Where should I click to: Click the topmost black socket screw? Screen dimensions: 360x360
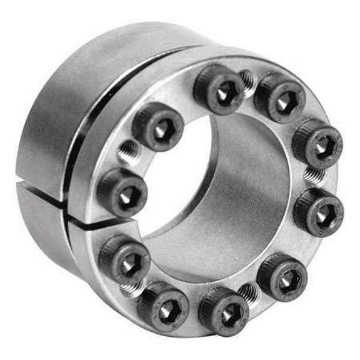point(219,89)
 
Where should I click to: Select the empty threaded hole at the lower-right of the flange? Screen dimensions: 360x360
point(249,291)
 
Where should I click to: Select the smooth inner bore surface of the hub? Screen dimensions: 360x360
point(250,187)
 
